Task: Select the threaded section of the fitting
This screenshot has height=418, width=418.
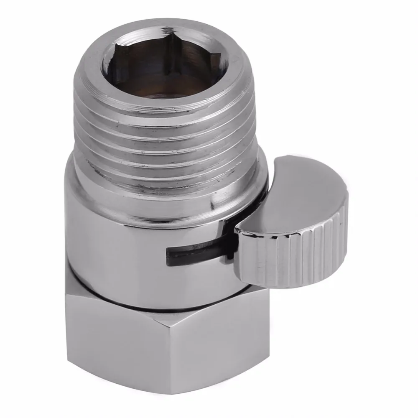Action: point(167,138)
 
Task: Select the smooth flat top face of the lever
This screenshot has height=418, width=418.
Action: point(293,192)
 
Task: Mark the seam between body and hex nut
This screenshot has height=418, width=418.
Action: point(167,307)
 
